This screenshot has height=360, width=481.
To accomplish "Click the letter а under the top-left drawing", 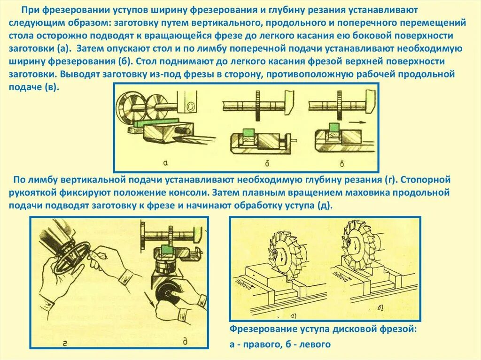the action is [165, 163].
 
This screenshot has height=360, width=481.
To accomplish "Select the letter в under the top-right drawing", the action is [341, 163].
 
